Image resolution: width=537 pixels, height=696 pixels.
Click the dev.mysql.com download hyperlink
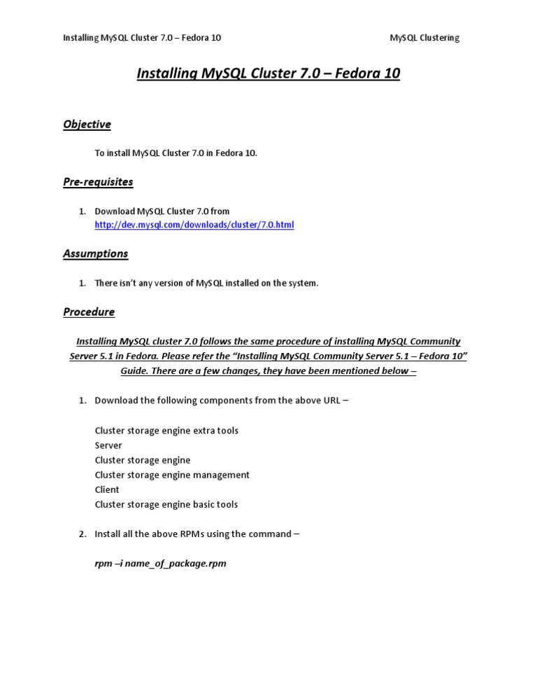[x=194, y=225]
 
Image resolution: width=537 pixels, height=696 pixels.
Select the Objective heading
[x=87, y=125]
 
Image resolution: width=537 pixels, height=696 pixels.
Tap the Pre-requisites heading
[x=98, y=182]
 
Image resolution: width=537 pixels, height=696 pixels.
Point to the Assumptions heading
[x=96, y=253]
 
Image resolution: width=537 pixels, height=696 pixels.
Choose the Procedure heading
[x=89, y=312]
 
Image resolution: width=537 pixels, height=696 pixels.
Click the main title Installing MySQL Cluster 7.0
[x=268, y=74]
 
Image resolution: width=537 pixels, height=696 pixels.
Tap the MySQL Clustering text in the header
[x=424, y=38]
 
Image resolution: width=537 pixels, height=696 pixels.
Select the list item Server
[x=108, y=445]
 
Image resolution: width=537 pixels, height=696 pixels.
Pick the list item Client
[x=107, y=489]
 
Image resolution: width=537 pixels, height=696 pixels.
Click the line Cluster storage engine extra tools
[x=166, y=431]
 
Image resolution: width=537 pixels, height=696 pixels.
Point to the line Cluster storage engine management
[x=172, y=475]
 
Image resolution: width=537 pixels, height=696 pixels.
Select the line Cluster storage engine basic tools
[x=166, y=504]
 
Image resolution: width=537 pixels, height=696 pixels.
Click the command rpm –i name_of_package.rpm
[x=160, y=563]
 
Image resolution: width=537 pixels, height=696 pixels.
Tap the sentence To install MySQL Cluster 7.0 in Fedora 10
[x=176, y=153]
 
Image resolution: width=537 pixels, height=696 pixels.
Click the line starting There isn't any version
[x=206, y=283]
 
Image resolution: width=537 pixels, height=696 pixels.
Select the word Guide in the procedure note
[x=135, y=370]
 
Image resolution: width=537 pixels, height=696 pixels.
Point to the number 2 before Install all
[x=81, y=534]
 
